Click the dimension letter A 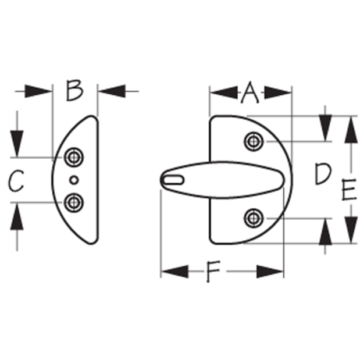250,92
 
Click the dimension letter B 74,90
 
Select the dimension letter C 16,181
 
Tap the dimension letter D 323,173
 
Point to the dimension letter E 349,190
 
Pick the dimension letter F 213,271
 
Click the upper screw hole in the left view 74,157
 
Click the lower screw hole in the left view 74,203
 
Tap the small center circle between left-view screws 74,180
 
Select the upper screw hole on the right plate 254,141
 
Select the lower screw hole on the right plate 254,218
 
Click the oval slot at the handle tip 174,180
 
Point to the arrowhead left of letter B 38,91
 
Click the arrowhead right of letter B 112,91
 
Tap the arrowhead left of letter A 224,92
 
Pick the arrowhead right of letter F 270,272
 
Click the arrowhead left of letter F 175,272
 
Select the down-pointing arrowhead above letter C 17,144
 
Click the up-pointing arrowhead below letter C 17,216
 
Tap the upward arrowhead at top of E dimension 351,130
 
